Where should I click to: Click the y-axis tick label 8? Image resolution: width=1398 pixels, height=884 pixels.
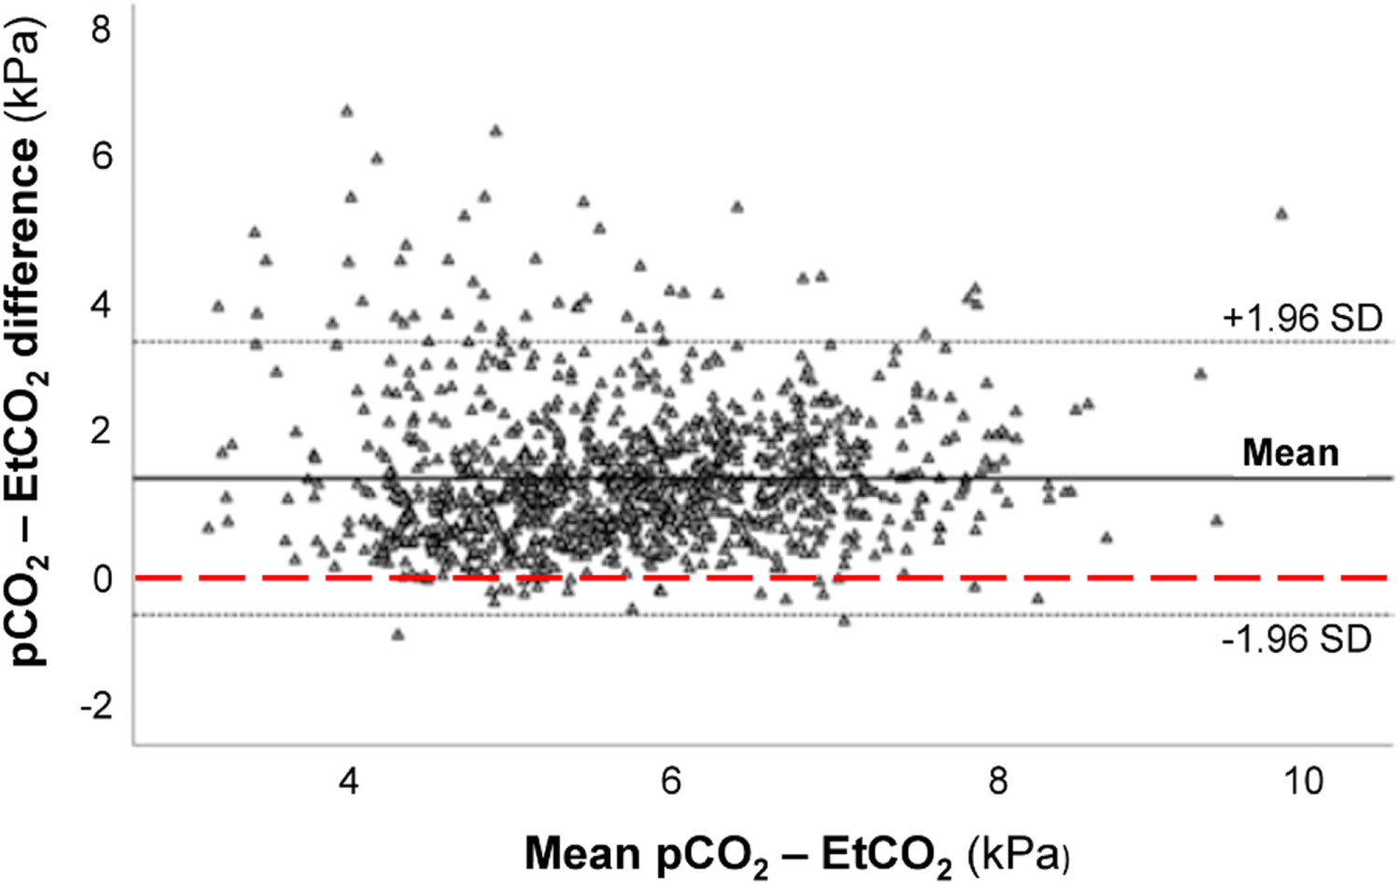click(x=101, y=30)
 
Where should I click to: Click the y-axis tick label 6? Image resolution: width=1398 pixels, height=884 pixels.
click(x=101, y=156)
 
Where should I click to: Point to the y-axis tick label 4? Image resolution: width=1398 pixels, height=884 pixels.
click(x=101, y=304)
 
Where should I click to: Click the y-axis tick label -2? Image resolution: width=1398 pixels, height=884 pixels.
click(x=95, y=705)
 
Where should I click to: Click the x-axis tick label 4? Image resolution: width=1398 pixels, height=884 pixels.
click(x=349, y=780)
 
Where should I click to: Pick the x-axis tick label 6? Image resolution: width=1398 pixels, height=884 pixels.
click(x=671, y=780)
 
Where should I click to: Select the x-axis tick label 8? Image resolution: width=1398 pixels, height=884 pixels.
click(x=997, y=780)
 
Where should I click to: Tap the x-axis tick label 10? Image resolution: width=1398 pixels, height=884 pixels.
click(x=1303, y=780)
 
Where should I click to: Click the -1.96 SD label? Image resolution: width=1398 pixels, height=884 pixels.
click(x=1296, y=640)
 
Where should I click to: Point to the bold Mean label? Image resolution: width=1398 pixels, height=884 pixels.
click(x=1290, y=453)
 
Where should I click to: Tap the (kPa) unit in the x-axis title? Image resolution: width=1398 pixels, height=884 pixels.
click(x=1018, y=854)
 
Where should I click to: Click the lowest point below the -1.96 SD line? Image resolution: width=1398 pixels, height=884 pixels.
click(x=398, y=635)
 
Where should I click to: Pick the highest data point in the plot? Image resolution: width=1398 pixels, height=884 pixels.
click(x=347, y=111)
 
